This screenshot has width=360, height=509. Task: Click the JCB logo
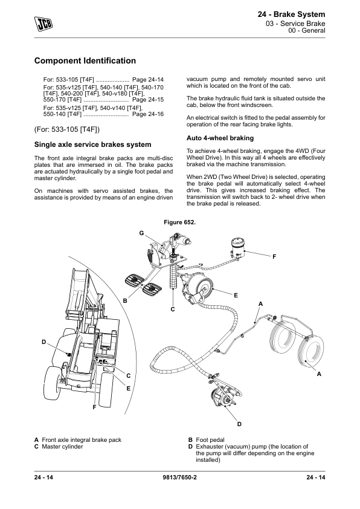(x=43, y=23)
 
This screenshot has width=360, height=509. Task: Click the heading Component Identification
(x=85, y=60)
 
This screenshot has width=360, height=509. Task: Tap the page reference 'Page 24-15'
(x=148, y=100)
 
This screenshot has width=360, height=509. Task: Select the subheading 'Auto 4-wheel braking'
(x=220, y=138)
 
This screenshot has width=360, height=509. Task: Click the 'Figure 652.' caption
(x=179, y=222)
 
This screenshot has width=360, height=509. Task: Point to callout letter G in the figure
(x=141, y=233)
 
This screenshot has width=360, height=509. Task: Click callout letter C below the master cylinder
(x=173, y=309)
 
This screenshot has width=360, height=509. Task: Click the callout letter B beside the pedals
(x=125, y=301)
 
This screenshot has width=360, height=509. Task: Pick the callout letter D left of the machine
(x=44, y=342)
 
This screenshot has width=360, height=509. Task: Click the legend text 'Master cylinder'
(x=62, y=447)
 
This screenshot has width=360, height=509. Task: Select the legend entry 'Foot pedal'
(x=210, y=440)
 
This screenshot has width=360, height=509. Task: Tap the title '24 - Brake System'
(x=291, y=15)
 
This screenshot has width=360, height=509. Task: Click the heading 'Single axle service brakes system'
(x=93, y=144)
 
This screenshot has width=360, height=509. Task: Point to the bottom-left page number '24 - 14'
(x=43, y=477)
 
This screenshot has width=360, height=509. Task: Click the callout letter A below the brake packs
(x=319, y=374)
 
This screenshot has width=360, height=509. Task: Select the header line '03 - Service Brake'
(x=295, y=24)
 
